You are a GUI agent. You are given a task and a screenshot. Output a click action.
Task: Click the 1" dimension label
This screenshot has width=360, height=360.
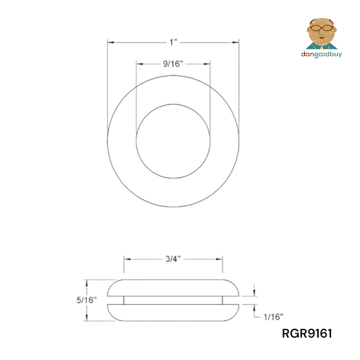click(x=173, y=43)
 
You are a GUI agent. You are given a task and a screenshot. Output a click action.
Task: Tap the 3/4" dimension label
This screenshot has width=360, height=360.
click(x=173, y=259)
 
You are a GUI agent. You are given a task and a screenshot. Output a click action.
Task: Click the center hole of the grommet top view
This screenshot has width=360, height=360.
click(x=173, y=141)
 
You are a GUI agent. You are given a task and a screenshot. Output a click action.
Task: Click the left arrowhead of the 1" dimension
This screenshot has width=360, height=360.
click(x=110, y=42)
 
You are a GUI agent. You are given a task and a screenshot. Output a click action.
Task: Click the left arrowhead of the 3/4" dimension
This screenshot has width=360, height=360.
click(x=127, y=259)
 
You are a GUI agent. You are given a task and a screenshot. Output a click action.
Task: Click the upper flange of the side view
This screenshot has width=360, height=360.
click(x=173, y=287)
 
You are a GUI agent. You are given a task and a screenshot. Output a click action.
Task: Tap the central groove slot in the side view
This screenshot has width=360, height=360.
click(x=173, y=299)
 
